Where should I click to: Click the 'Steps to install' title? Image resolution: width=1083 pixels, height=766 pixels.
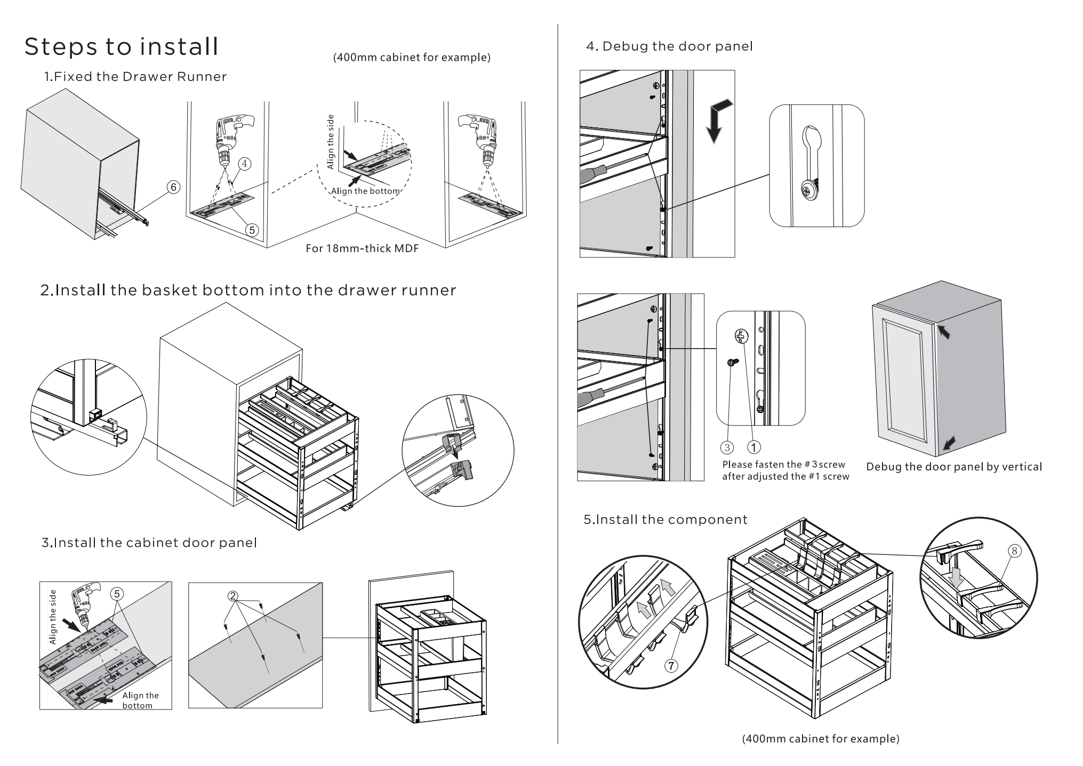[x=122, y=47]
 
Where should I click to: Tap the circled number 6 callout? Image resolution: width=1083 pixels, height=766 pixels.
[x=173, y=187]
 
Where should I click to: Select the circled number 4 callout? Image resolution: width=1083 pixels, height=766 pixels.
[x=244, y=164]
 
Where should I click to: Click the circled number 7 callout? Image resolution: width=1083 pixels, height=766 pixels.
[x=671, y=665]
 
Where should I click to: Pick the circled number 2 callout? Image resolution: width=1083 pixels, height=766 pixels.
[x=232, y=596]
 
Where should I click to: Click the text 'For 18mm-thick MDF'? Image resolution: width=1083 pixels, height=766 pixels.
[x=362, y=248]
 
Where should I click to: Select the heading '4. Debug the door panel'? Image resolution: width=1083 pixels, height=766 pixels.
[x=669, y=46]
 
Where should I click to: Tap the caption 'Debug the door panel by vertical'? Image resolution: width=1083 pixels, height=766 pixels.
[x=954, y=467]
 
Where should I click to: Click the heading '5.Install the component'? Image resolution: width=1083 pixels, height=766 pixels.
[x=665, y=520]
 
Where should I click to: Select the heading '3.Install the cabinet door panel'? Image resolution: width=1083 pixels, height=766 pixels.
[x=149, y=543]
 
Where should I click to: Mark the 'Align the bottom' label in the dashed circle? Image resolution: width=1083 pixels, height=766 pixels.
[x=365, y=191]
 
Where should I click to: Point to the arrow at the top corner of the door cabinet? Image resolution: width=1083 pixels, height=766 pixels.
[x=944, y=333]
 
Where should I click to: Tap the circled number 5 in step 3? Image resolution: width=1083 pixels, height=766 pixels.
[x=117, y=594]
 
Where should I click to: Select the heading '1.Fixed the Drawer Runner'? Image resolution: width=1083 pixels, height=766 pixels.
[x=135, y=77]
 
